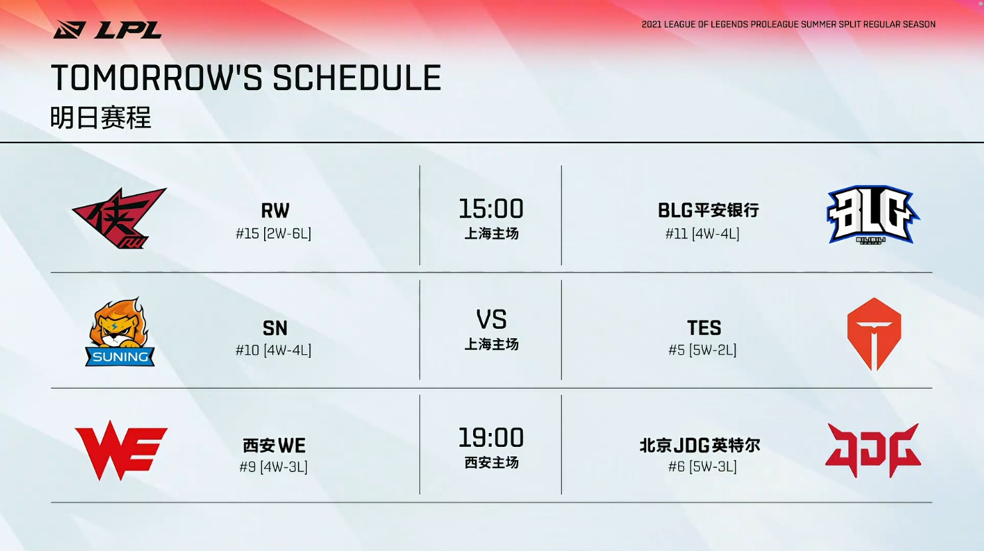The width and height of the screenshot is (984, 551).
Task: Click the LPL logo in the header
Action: coord(107,30)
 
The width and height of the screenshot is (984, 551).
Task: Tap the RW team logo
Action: coord(119,218)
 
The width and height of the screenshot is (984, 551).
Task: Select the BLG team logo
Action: coord(873,215)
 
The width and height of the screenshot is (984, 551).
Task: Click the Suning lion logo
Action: coord(119,332)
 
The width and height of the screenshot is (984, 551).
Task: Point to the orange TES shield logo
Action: coord(874,334)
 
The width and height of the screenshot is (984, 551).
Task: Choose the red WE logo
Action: coord(121,450)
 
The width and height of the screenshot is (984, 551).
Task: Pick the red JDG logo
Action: coord(873,450)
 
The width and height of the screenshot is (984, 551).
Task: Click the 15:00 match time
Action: coord(491,209)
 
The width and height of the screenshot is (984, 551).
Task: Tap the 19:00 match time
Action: coord(491,438)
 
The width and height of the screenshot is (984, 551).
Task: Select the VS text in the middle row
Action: coord(491,319)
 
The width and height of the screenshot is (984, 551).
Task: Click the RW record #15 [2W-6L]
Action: coord(273,233)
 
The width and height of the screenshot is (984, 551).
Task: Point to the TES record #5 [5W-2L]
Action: coord(703,350)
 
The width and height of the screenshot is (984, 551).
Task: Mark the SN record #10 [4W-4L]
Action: coord(273,350)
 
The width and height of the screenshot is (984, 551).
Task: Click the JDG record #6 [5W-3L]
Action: coord(703,466)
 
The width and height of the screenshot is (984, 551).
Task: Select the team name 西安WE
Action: coord(274,446)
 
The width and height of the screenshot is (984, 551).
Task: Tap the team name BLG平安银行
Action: coord(708,210)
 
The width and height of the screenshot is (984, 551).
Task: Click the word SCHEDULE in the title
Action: coord(357,78)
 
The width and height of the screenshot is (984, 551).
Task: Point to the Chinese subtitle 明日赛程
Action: coord(101,117)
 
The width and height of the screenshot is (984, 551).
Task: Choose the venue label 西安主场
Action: coord(492,462)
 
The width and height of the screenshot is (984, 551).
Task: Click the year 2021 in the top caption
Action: coord(652,25)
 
